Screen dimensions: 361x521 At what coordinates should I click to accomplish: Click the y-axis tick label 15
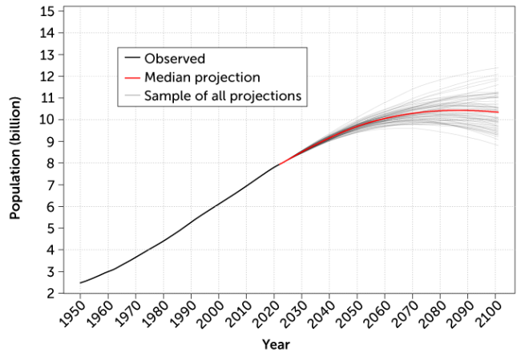coord(60,12)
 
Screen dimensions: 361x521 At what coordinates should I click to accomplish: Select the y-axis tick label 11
coord(60,99)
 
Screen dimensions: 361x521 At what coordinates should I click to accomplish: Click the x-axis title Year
coord(275,344)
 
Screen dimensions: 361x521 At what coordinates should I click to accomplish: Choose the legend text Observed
coord(175,59)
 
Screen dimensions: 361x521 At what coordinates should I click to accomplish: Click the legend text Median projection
coord(202,78)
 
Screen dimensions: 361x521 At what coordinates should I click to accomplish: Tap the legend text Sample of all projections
coord(222,96)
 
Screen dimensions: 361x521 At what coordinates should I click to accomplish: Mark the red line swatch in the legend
coord(132,78)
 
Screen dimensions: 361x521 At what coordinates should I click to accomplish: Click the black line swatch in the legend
coord(132,59)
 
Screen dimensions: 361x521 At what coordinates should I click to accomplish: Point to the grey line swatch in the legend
coord(132,96)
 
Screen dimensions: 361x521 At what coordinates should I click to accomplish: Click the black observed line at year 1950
coord(80,282)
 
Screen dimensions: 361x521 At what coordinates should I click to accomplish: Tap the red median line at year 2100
coord(498,112)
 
